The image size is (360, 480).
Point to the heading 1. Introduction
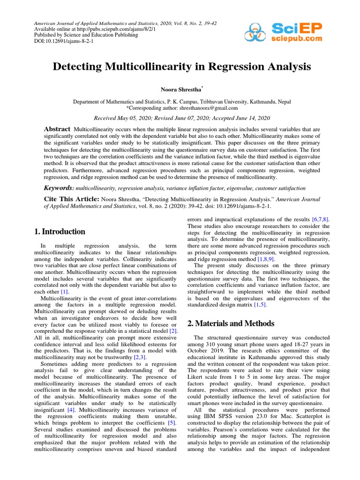point(60,232)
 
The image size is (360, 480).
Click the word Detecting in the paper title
point(81,67)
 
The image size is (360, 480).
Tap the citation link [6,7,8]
point(321,219)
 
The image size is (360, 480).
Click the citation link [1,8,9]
point(263,258)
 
